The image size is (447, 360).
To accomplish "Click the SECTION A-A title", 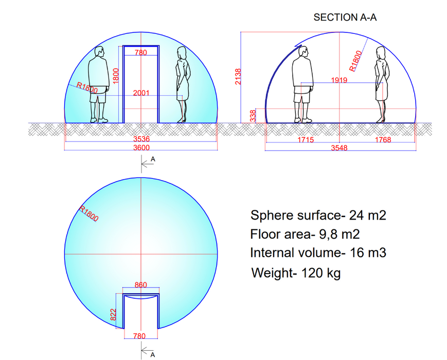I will (x=345, y=17).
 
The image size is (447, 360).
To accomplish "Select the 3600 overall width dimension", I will (x=141, y=148).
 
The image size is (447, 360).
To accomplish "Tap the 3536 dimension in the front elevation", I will (x=141, y=139).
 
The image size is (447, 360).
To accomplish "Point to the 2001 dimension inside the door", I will (x=141, y=93).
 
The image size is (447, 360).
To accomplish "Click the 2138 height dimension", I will (x=238, y=77).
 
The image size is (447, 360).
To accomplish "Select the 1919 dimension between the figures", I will (x=340, y=80).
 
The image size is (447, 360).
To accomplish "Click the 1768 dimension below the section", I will (x=382, y=140).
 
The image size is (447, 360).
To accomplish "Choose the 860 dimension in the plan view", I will (x=140, y=285).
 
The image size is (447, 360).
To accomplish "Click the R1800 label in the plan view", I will (x=88, y=213).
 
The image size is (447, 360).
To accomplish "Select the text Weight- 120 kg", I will (x=295, y=273).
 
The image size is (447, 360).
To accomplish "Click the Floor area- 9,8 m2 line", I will (x=305, y=235).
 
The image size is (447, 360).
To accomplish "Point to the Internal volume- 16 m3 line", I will (x=317, y=253).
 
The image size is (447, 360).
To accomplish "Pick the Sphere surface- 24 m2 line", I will (x=317, y=215).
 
